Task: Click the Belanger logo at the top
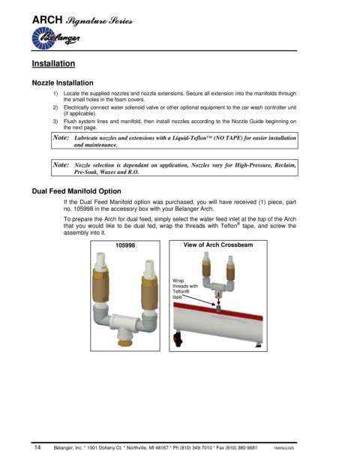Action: coord(55,38)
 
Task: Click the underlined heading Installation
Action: coord(53,64)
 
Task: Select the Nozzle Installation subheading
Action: coord(63,83)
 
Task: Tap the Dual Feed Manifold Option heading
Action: coord(76,191)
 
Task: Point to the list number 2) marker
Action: coord(55,107)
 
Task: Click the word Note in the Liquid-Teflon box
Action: coord(61,137)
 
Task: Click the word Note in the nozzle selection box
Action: coord(61,164)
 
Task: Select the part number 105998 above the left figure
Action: coord(125,245)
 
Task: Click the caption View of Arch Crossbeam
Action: coord(218,245)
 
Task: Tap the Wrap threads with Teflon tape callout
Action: coord(184,289)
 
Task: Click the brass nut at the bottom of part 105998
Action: coord(125,342)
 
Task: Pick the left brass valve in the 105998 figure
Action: coord(100,285)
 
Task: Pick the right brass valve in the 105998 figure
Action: coord(149,293)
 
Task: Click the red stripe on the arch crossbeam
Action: coord(218,311)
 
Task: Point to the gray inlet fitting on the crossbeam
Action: coord(219,308)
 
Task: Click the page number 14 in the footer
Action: coord(37,447)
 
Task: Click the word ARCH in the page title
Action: coord(47,20)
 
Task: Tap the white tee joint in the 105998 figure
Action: coord(124,323)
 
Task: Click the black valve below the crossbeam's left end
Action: coord(178,339)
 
